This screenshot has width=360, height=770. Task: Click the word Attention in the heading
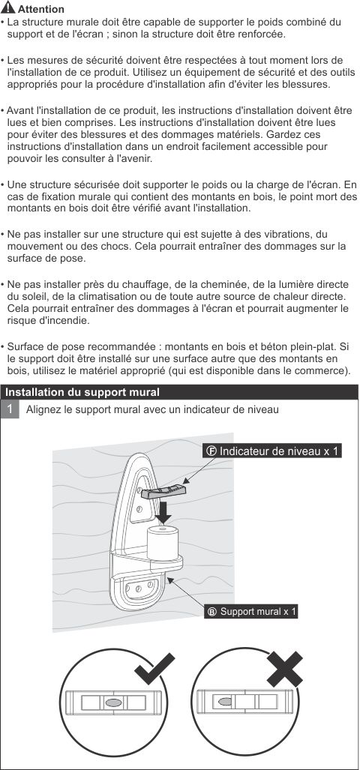pyautogui.click(x=40, y=9)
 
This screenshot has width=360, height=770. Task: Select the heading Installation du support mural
pyautogui.click(x=82, y=392)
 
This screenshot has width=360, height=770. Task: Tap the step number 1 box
pyautogui.click(x=10, y=409)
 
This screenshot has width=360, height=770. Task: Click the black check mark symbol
pyautogui.click(x=155, y=669)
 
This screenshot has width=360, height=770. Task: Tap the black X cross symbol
pyautogui.click(x=285, y=668)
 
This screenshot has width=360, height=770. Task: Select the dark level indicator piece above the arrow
pyautogui.click(x=163, y=492)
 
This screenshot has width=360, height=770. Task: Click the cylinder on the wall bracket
pyautogui.click(x=163, y=545)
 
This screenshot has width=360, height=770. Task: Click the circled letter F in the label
pyautogui.click(x=211, y=451)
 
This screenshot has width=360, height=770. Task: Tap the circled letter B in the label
pyautogui.click(x=212, y=612)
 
